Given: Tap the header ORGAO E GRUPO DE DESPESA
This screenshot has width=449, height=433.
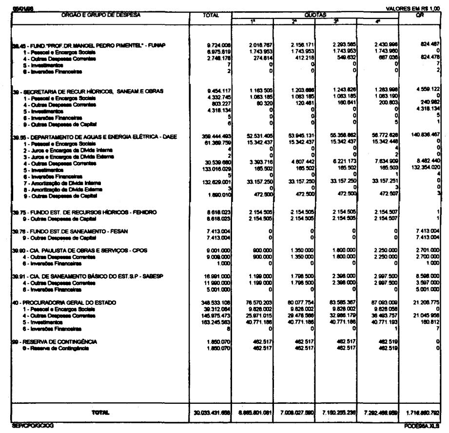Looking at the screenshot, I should pos(100,15).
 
